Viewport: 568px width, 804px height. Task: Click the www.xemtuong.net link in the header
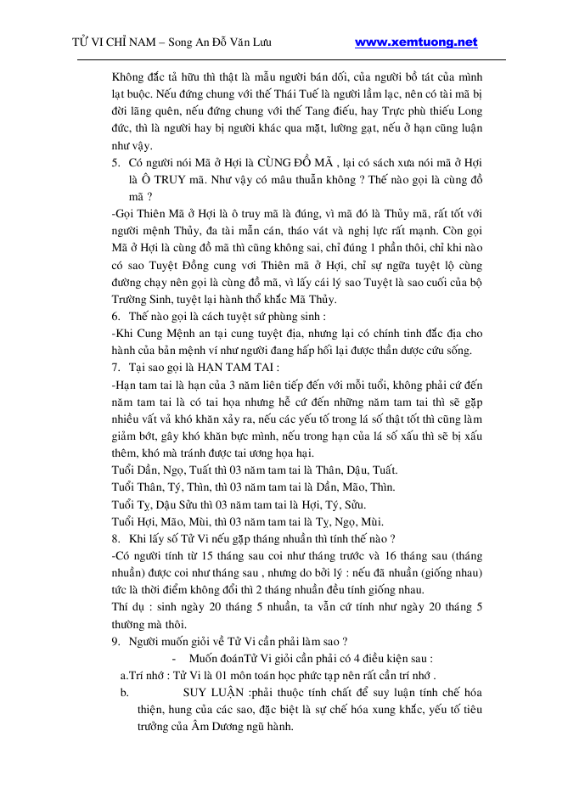tap(415, 42)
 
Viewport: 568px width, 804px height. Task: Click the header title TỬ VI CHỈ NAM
tap(114, 42)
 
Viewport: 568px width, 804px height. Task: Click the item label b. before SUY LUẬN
tap(125, 693)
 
